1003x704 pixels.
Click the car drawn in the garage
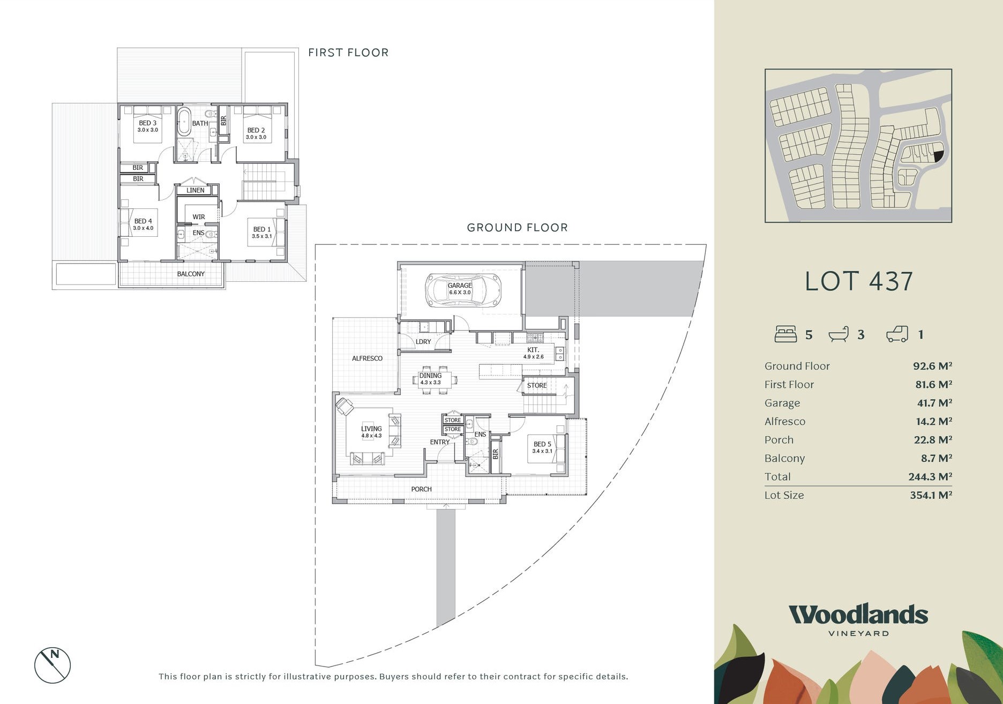click(463, 290)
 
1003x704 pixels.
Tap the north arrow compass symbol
click(53, 665)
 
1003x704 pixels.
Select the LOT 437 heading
click(859, 281)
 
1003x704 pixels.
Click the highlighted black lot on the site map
click(938, 156)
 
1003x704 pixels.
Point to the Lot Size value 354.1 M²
click(931, 495)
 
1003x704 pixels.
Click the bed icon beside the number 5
click(785, 334)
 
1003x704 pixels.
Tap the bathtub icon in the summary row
click(839, 334)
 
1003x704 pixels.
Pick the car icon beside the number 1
click(897, 334)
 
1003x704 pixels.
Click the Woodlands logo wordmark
click(858, 615)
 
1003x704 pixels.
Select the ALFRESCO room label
click(367, 358)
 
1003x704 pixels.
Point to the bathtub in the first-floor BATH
click(184, 122)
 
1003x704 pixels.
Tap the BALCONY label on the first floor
click(191, 274)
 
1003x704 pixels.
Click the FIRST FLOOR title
click(348, 53)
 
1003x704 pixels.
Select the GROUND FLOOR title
click(517, 227)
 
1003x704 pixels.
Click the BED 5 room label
click(542, 444)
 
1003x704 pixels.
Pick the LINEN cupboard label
click(196, 190)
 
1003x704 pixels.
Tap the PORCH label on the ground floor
click(421, 489)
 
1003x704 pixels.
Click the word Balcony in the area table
click(784, 459)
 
